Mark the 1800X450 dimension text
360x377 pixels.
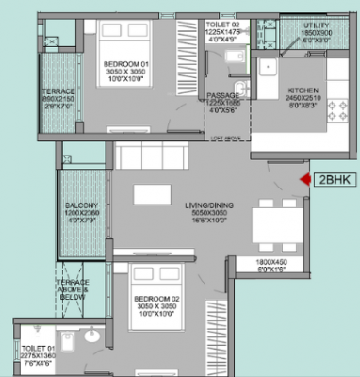pyautogui.click(x=272, y=264)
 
